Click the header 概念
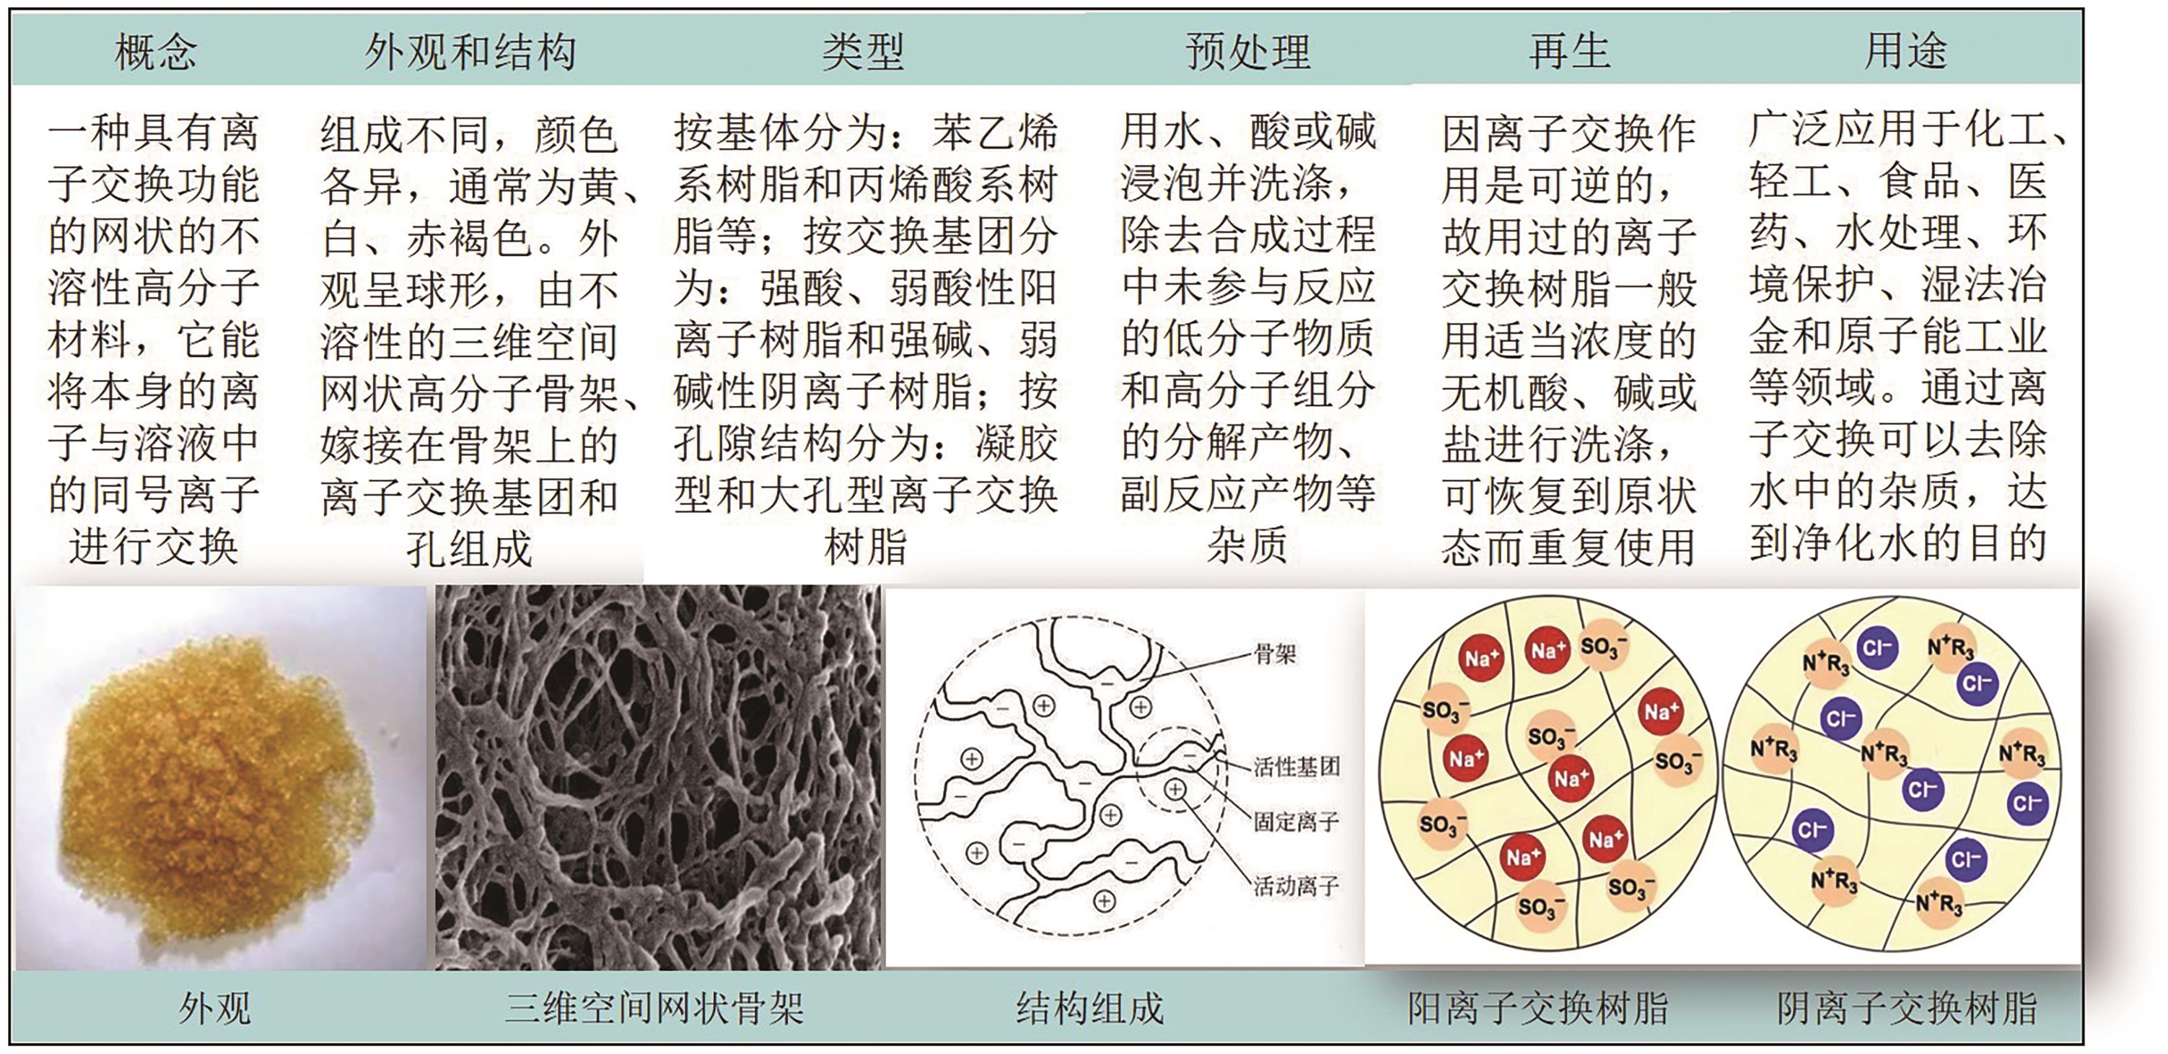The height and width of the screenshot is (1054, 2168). pyautogui.click(x=156, y=52)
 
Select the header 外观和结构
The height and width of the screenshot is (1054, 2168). pyautogui.click(x=470, y=52)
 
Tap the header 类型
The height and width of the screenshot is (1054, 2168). pyautogui.click(x=863, y=52)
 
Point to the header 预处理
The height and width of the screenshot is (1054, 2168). pyautogui.click(x=1248, y=52)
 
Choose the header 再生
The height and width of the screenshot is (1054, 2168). pyautogui.click(x=1569, y=52)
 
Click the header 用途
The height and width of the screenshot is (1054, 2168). pyautogui.click(x=1906, y=52)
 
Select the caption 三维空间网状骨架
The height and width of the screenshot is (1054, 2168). pyautogui.click(x=654, y=1008)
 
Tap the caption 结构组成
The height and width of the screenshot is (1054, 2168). pyautogui.click(x=1089, y=1008)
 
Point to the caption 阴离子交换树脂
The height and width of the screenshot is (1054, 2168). pyautogui.click(x=1906, y=1008)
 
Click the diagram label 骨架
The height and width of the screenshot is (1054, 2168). pyautogui.click(x=1274, y=654)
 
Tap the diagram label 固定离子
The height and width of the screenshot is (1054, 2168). pyautogui.click(x=1296, y=821)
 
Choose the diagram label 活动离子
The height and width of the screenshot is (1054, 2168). pyautogui.click(x=1296, y=886)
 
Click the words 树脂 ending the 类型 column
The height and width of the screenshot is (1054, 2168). pyautogui.click(x=865, y=547)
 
